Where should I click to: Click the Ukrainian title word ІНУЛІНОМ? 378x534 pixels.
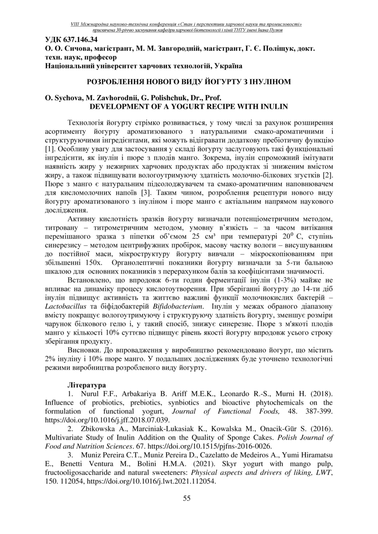click(267, 81)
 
